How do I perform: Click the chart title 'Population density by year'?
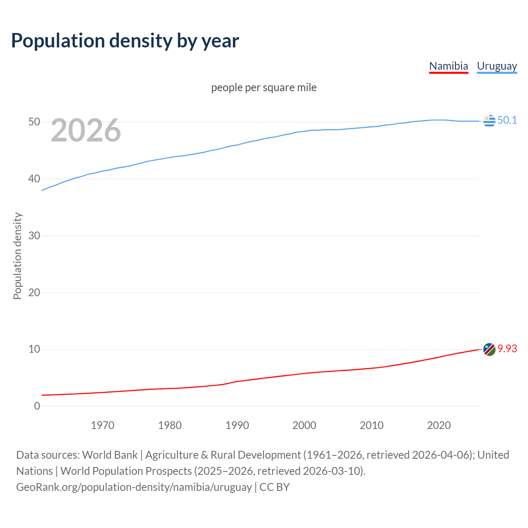125,41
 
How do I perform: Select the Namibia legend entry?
448,66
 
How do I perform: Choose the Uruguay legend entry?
497,66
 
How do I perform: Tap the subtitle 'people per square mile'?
264,87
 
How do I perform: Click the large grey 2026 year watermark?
86,130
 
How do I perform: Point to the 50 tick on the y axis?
34,122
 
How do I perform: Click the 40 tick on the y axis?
34,179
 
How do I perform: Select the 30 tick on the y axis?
34,236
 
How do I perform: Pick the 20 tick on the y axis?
34,292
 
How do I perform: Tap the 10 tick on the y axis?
34,349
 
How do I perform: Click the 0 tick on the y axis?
37,406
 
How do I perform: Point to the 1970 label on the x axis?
102,425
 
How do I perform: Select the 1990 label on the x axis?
237,425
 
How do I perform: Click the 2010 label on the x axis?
372,425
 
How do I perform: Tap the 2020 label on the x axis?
439,425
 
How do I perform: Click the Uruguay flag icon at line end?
489,121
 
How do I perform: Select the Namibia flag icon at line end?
489,349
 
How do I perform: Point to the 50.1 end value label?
507,120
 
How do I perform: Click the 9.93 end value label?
507,349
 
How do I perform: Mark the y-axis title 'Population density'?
17,256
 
